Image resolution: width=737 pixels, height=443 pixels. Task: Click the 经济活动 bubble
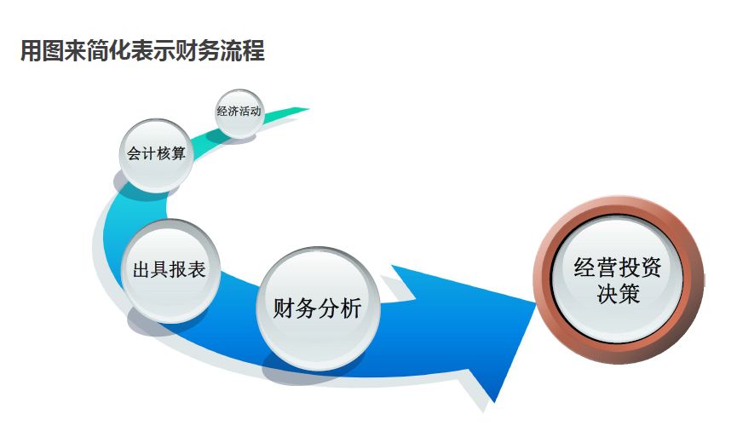tap(239, 112)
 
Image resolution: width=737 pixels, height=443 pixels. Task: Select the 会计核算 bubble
tap(156, 154)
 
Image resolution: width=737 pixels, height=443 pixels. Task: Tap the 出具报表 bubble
tap(170, 271)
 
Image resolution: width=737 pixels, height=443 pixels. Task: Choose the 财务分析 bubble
tap(317, 308)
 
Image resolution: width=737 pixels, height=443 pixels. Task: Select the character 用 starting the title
tap(31, 51)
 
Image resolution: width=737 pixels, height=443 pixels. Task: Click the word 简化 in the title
tap(112, 51)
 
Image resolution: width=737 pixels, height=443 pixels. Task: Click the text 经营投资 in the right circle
tap(618, 267)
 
